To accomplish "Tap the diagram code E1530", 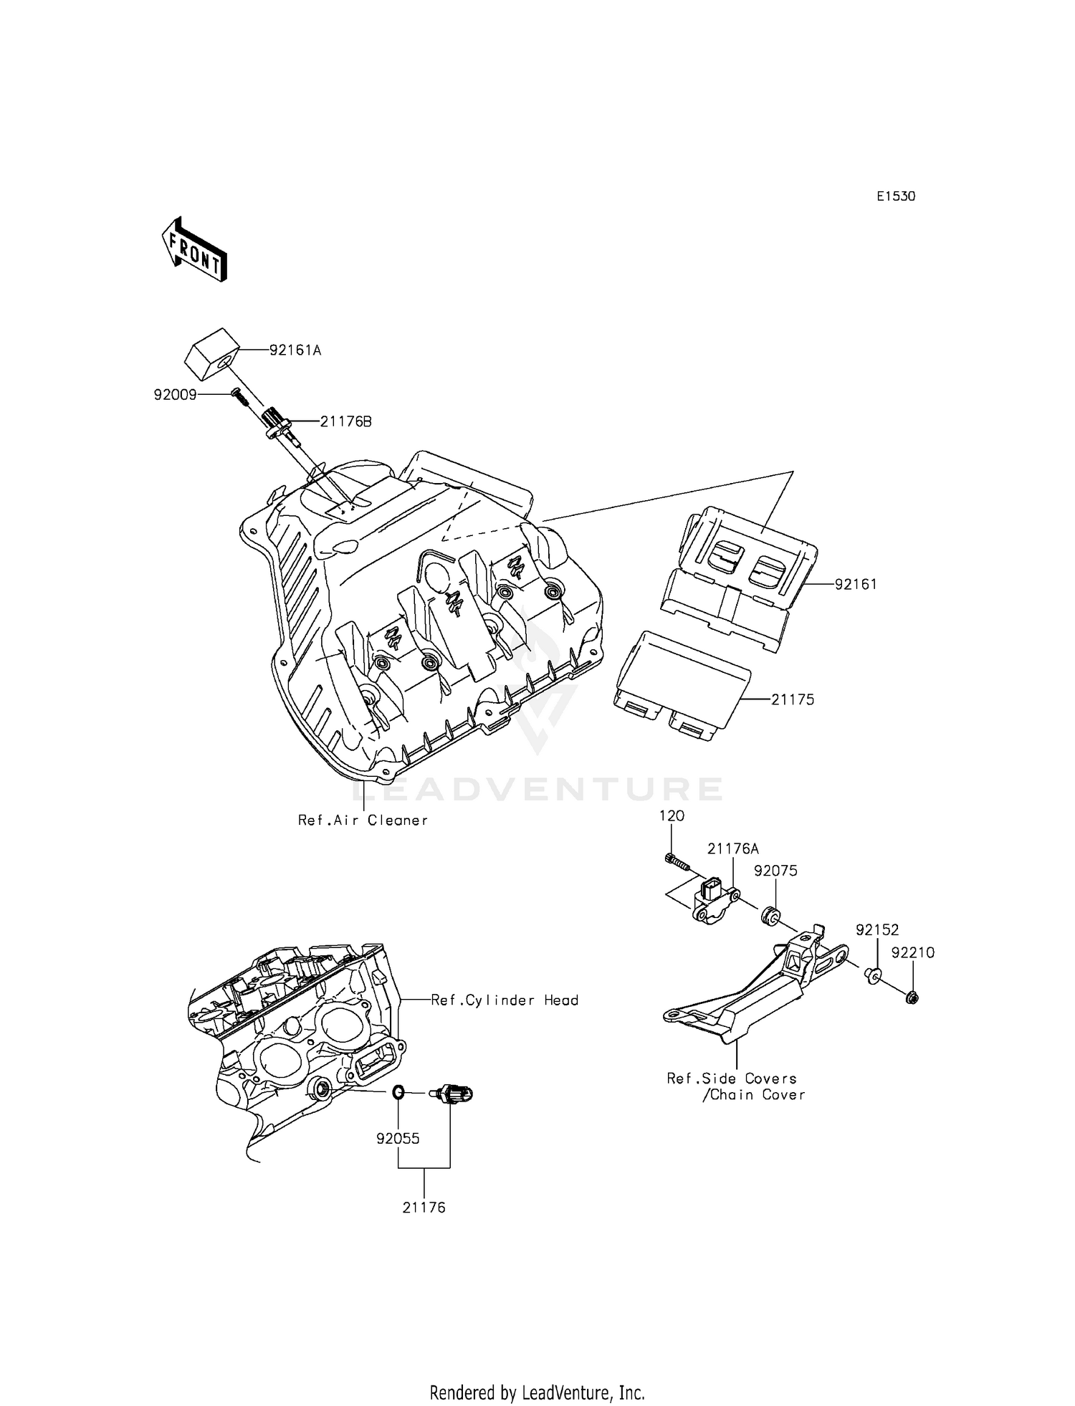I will [x=896, y=196].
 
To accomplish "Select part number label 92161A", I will [x=295, y=350].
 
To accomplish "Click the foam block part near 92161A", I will [x=213, y=354].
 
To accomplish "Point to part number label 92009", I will [x=175, y=395].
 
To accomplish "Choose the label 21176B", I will [x=345, y=421].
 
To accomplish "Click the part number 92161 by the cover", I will [x=856, y=584].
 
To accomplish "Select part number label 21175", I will [x=793, y=699].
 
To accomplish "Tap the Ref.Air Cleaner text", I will [x=363, y=821].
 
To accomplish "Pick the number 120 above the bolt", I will [x=672, y=816].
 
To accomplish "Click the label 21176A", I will [x=732, y=849].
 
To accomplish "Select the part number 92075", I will [x=775, y=871].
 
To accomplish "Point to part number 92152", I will [x=877, y=930].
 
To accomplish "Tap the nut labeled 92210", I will [x=912, y=997].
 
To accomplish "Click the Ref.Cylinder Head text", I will [x=505, y=1000].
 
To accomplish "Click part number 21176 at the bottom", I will [x=424, y=1207].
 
